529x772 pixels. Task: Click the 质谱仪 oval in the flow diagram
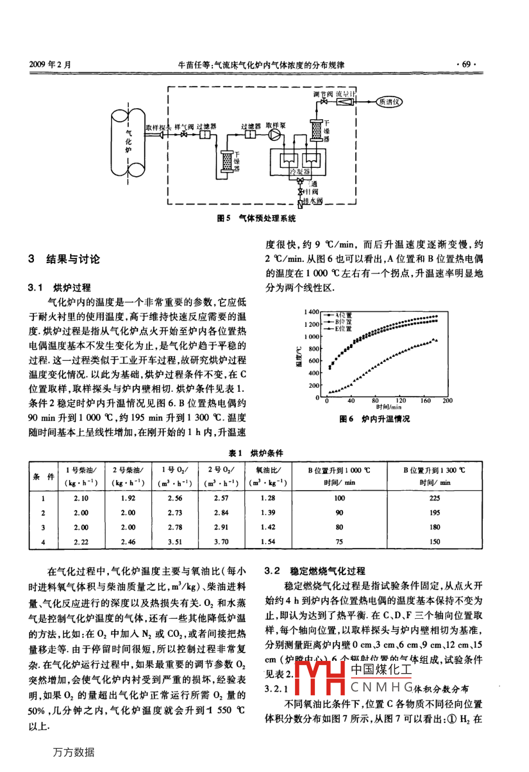388,101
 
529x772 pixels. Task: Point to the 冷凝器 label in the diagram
300,171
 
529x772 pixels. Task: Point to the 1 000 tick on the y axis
312,337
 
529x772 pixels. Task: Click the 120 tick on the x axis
401,401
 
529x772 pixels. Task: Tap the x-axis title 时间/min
389,406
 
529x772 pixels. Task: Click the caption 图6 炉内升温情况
375,419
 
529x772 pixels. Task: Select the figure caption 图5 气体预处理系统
256,219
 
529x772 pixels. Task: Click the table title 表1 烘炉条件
256,453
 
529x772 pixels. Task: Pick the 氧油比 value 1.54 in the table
268,542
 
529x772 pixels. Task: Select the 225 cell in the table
434,498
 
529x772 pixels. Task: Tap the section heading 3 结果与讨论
64,259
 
